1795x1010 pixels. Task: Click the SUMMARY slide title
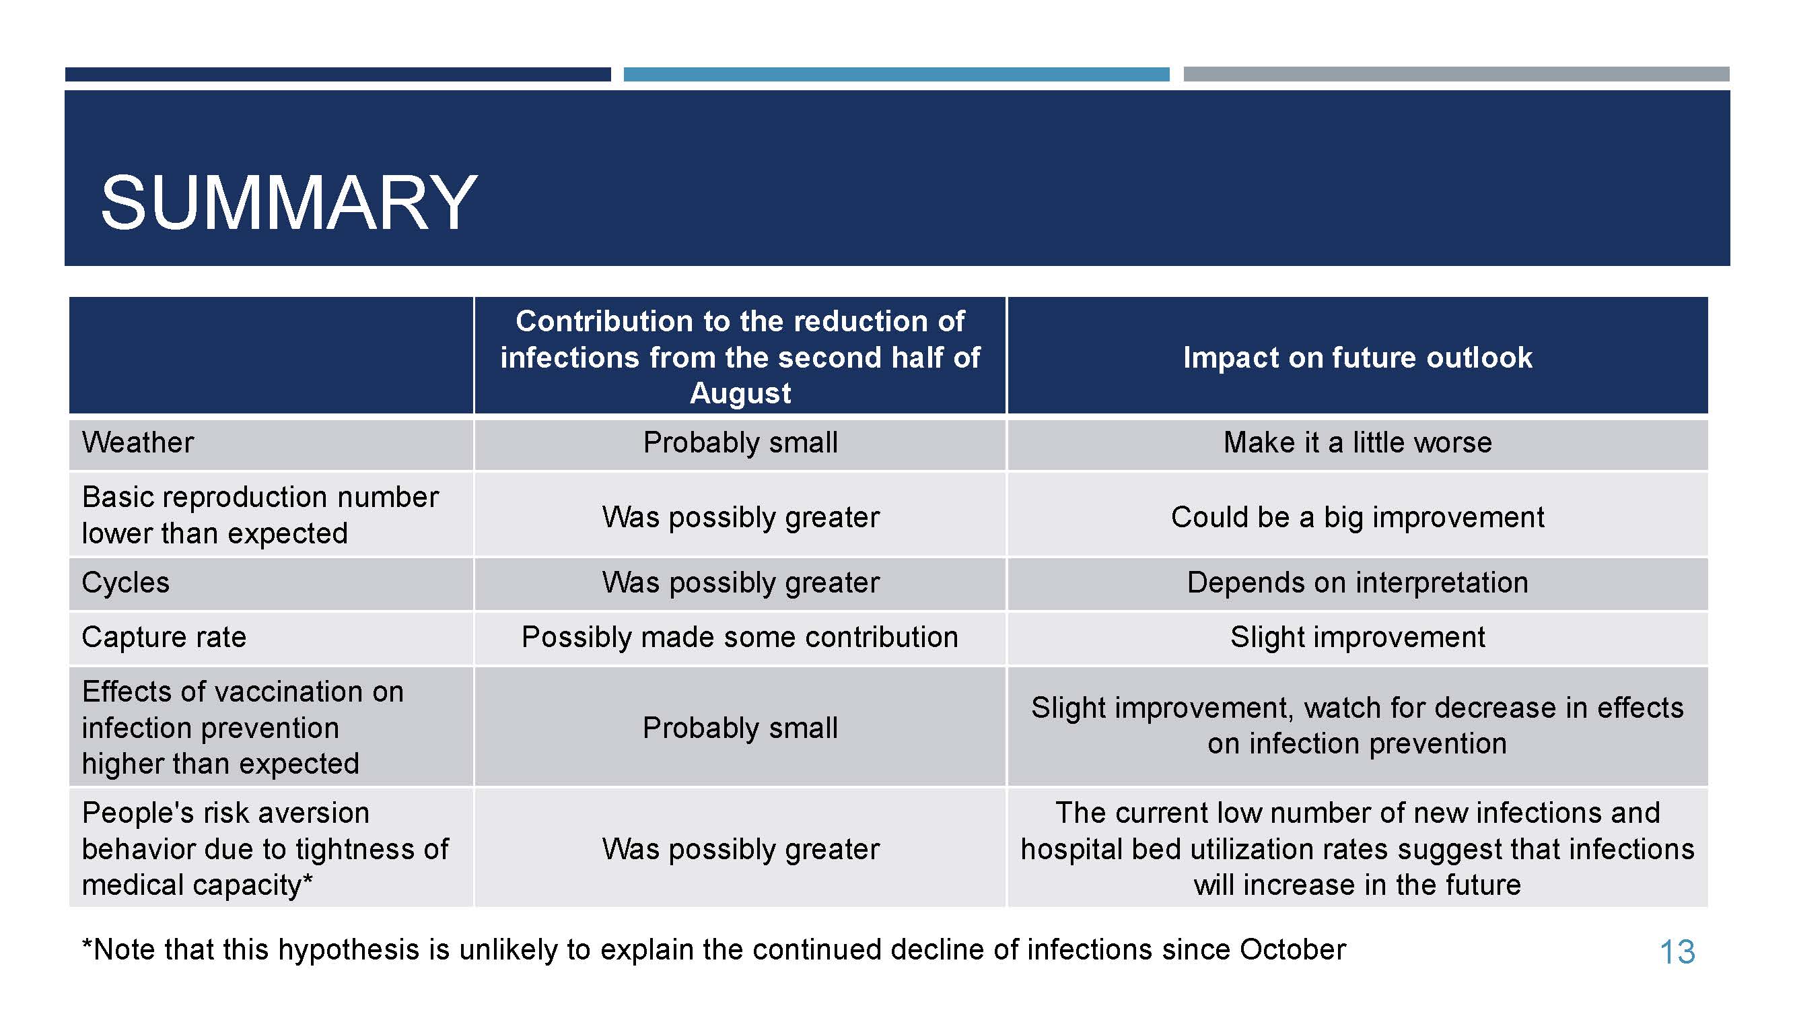coord(289,203)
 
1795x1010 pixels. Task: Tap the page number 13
coord(1677,952)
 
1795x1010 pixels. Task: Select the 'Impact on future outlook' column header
coord(1358,358)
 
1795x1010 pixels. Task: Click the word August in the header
coord(740,393)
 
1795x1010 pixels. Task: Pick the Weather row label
coord(138,442)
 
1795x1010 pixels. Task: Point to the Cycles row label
coord(125,582)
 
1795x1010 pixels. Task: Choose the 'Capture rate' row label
coord(164,637)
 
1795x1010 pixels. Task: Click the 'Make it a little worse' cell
coord(1358,442)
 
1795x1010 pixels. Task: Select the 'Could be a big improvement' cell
coord(1358,517)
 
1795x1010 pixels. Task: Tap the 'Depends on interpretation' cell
coord(1358,582)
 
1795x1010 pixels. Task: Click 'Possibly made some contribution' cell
coord(740,637)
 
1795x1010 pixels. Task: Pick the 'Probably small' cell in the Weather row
coord(740,442)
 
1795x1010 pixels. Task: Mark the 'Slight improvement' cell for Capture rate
coord(1358,637)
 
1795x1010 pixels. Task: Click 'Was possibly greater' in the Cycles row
coord(740,582)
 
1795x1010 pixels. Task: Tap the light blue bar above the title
coord(896,74)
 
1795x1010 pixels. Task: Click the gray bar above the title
coord(1456,74)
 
